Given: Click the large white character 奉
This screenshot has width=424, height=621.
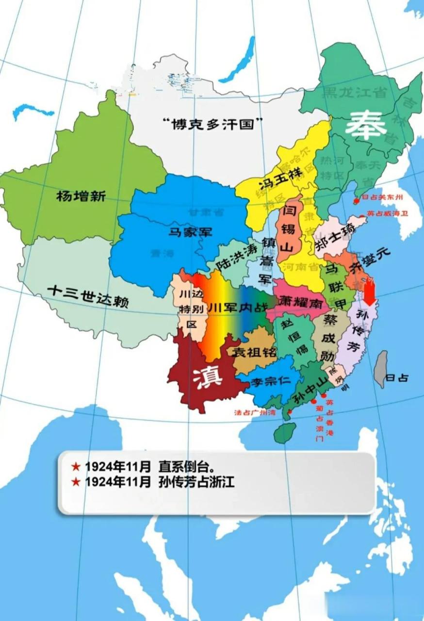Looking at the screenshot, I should tap(366, 126).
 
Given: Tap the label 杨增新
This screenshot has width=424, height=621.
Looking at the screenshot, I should tap(81, 196).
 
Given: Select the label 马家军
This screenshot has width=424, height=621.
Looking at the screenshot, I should tap(191, 231).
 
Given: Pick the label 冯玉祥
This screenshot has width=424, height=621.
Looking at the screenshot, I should tap(280, 178).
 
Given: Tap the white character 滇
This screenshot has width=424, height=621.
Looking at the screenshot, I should tap(208, 376).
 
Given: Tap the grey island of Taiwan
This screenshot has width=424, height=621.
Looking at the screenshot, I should tap(382, 369).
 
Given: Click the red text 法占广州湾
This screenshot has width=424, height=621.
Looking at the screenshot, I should tap(255, 413).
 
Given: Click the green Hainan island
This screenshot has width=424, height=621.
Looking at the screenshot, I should tap(285, 432).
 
